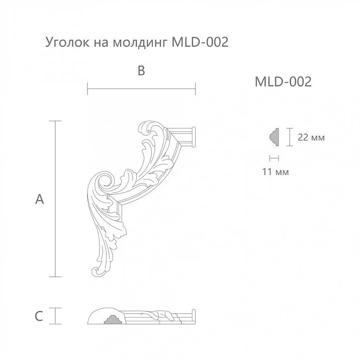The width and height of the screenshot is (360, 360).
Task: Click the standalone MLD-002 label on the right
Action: pyautogui.click(x=283, y=81)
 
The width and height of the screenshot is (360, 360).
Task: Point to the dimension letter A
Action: pyautogui.click(x=40, y=200)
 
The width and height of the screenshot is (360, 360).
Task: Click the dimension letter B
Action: pyautogui.click(x=141, y=71)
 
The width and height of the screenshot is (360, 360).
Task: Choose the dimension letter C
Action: pyautogui.click(x=39, y=316)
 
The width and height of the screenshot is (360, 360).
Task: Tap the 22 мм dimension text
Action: pyautogui.click(x=311, y=137)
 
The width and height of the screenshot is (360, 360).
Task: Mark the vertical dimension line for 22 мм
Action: pyautogui.click(x=290, y=137)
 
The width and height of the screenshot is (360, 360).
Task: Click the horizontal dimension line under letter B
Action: pyautogui.click(x=141, y=90)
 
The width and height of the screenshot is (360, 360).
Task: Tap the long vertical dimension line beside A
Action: pyautogui.click(x=55, y=199)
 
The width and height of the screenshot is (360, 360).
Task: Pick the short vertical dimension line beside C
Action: pyautogui.click(x=55, y=316)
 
